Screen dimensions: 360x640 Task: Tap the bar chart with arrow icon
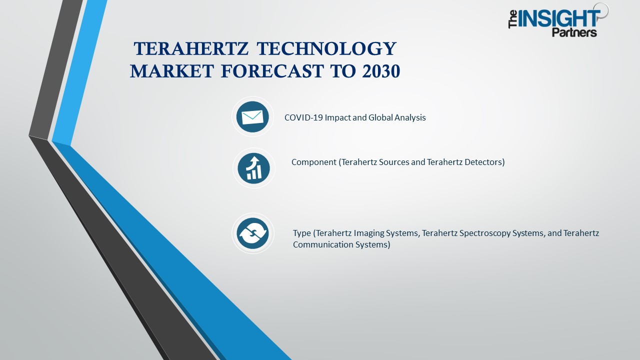click(253, 168)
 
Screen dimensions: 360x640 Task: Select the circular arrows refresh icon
click(252, 233)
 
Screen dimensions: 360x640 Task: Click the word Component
click(314, 162)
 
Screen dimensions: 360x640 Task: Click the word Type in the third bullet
click(302, 233)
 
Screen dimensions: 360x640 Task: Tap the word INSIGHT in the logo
click(559, 19)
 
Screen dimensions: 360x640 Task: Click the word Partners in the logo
click(574, 32)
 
